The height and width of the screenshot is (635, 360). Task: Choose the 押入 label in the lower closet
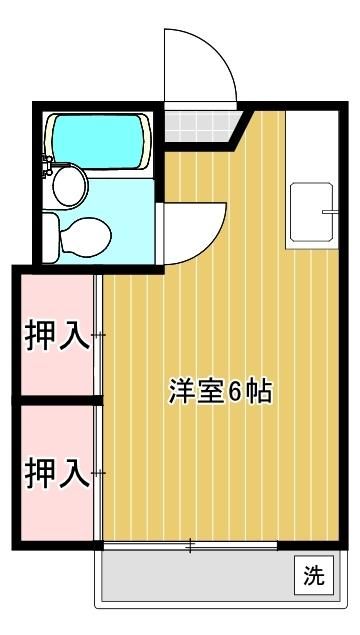tap(57, 471)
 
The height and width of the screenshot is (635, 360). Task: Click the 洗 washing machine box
tap(314, 575)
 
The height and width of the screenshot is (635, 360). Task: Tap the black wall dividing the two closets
tap(57, 401)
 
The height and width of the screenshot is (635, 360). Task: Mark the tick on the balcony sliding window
tap(190, 546)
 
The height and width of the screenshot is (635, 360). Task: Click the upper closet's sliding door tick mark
tap(98, 334)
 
